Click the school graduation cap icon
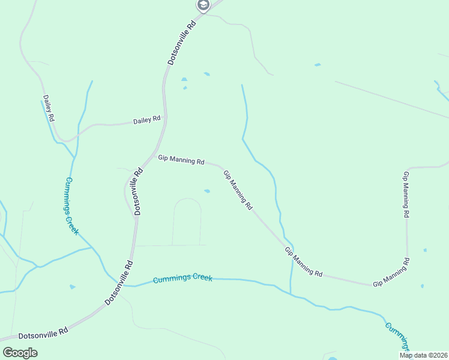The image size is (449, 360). tap(203, 5)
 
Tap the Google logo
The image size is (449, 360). tap(20, 352)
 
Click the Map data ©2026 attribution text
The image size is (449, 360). tap(423, 355)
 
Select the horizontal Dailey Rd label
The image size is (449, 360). tap(147, 120)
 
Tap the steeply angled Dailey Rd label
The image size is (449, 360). tap(49, 108)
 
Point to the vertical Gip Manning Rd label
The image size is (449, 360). tap(406, 194)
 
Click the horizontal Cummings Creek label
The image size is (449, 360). tap(182, 279)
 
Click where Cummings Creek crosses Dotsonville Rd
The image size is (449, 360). tap(127, 285)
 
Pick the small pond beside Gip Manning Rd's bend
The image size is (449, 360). tap(207, 191)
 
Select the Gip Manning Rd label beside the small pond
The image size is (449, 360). tap(238, 190)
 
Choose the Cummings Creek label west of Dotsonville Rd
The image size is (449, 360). tap(71, 206)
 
